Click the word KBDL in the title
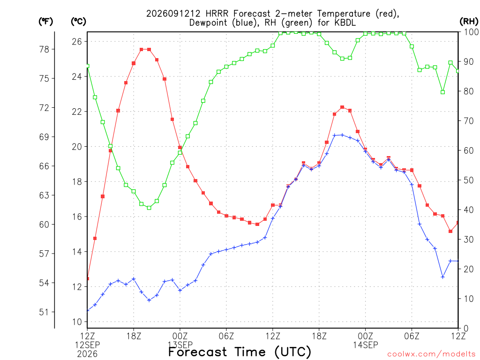tap(345, 22)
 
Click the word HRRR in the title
tap(217, 14)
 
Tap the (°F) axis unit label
tap(46, 22)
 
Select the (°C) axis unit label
tap(79, 22)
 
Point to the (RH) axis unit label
tap(469, 22)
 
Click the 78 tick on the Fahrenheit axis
tap(44, 49)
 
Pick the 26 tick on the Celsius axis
tap(77, 41)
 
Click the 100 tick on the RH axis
tap(472, 32)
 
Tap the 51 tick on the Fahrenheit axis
tap(44, 312)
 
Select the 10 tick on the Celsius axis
tap(77, 322)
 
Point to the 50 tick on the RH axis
tap(469, 180)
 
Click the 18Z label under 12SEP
tap(134, 336)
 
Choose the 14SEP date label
tap(365, 345)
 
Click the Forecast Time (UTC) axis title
tap(240, 352)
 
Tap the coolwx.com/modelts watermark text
tap(431, 354)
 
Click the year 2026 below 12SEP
tap(87, 354)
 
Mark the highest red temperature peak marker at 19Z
tap(142, 49)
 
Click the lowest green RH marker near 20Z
tap(149, 208)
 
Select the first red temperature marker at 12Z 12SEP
tap(88, 278)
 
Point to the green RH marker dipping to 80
tap(442, 92)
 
